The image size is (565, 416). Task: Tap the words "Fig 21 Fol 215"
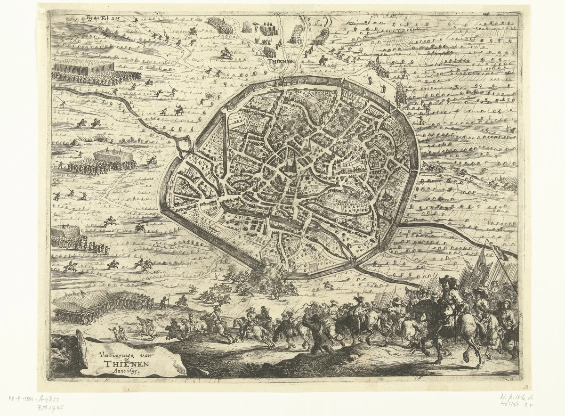click(103, 18)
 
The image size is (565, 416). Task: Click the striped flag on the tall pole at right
click(499, 252)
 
